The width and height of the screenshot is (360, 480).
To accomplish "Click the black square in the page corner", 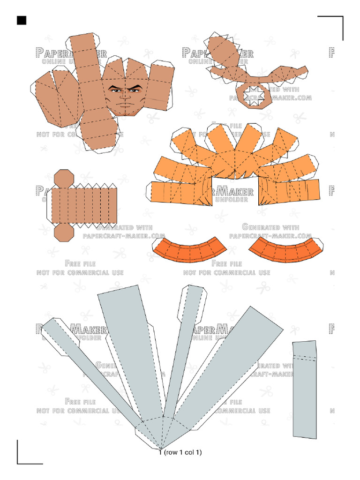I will (x=21, y=20).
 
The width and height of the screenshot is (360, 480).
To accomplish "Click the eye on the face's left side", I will (x=114, y=90).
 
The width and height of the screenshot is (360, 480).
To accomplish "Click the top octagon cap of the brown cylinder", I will (x=63, y=179).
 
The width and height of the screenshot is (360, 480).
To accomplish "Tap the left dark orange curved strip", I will (x=190, y=249).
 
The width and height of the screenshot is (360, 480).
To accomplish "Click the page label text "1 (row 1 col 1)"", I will (x=180, y=453).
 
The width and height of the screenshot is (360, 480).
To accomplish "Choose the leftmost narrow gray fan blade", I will (x=89, y=370).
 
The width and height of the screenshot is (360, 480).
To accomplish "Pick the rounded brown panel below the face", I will (x=98, y=131).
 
